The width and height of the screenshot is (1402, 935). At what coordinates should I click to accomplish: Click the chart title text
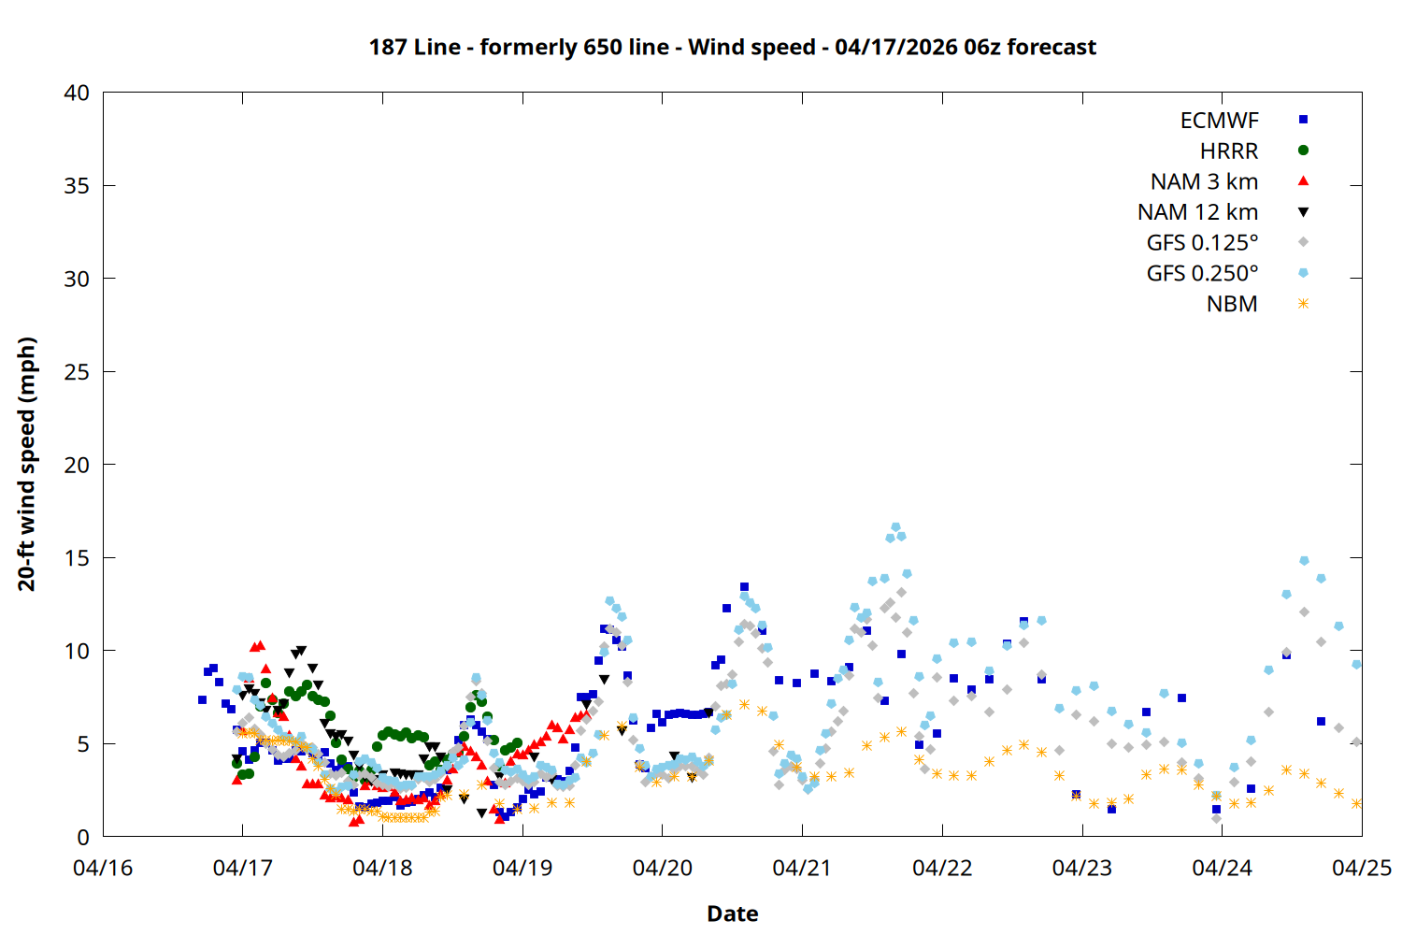[x=732, y=47]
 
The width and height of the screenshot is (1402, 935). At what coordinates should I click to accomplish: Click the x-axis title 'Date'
[x=732, y=913]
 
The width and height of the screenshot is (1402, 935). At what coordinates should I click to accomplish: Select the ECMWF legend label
[x=1219, y=121]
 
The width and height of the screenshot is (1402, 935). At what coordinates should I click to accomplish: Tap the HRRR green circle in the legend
[x=1303, y=151]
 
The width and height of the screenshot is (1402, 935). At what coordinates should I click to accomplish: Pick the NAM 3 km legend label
[x=1204, y=181]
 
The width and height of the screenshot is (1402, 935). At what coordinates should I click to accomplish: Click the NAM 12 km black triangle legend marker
[x=1303, y=212]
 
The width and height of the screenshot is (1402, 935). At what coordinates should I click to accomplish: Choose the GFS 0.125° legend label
[x=1202, y=243]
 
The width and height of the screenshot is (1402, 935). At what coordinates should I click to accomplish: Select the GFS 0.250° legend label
[x=1202, y=274]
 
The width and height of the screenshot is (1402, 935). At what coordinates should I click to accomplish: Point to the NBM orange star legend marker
[x=1303, y=304]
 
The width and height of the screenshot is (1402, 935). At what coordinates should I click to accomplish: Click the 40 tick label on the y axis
[x=77, y=93]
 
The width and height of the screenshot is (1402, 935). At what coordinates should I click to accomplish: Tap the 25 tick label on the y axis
[x=77, y=371]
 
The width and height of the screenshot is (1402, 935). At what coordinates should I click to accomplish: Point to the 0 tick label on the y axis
[x=83, y=837]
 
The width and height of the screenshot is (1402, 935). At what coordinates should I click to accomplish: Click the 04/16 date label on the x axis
[x=103, y=868]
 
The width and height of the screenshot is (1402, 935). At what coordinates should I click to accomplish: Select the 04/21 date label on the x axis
[x=802, y=868]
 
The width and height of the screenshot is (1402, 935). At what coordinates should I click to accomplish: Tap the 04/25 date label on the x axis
[x=1361, y=868]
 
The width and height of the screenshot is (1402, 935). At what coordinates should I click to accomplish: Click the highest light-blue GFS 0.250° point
[x=895, y=527]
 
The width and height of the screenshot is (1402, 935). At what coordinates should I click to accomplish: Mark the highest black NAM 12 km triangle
[x=301, y=651]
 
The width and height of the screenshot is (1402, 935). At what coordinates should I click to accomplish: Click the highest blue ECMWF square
[x=744, y=587]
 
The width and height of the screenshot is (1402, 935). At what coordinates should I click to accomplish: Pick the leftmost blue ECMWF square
[x=202, y=699]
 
